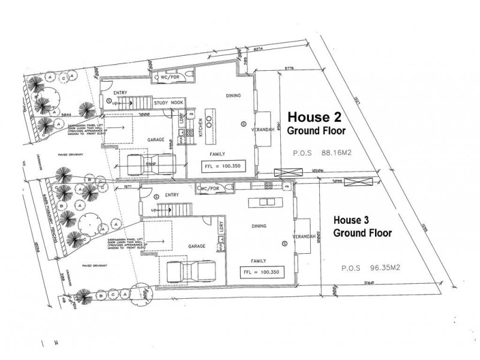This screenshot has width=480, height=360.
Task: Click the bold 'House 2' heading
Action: pos(312,116)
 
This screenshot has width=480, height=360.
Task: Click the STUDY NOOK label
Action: pos(169,103)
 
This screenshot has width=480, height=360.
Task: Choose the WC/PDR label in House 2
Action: pos(169,78)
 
